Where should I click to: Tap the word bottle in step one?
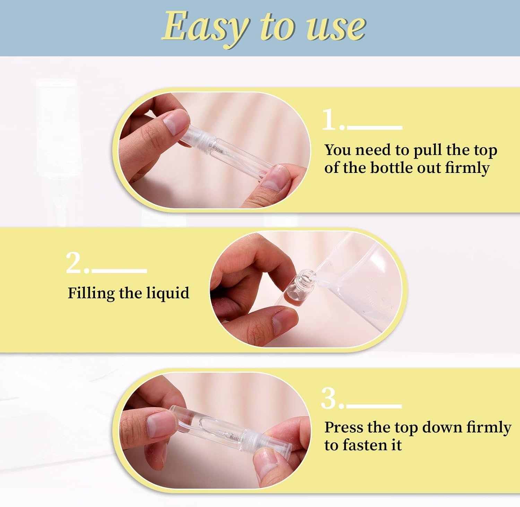392,168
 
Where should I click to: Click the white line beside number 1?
374,128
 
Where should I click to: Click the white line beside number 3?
374,405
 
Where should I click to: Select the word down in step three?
442,427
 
